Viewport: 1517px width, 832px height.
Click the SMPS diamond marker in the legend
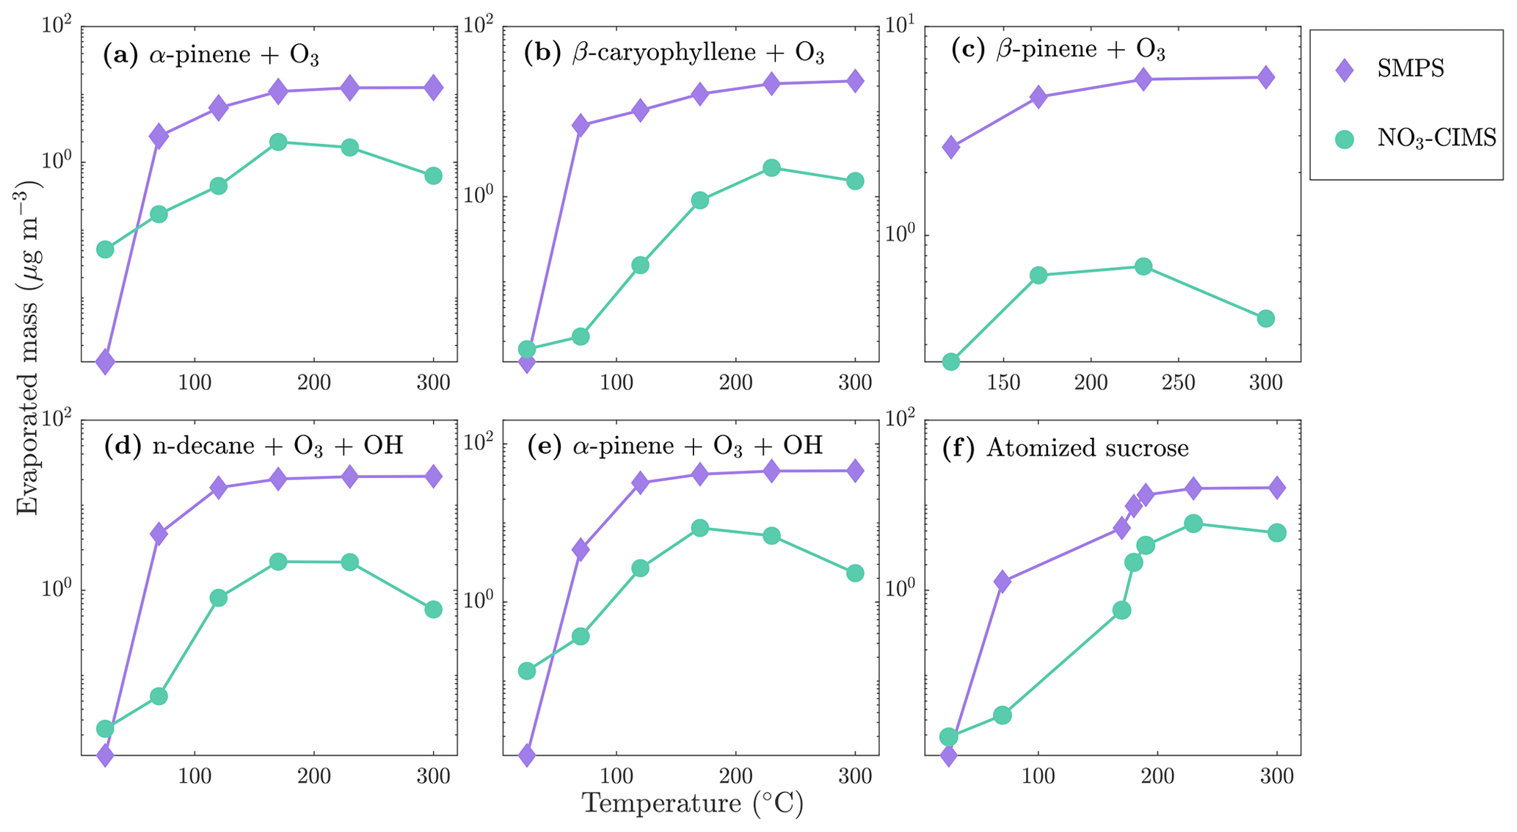pyautogui.click(x=1344, y=70)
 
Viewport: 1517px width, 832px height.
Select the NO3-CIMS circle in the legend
pyautogui.click(x=1344, y=138)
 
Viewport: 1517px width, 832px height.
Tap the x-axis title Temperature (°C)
pyautogui.click(x=692, y=803)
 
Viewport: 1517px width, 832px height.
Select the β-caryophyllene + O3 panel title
pyautogui.click(x=674, y=54)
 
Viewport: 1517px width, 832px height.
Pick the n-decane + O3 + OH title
pyautogui.click(x=253, y=446)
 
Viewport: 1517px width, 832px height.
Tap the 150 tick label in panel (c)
pyautogui.click(x=1003, y=383)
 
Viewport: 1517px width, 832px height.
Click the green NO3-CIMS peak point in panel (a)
pyautogui.click(x=277, y=142)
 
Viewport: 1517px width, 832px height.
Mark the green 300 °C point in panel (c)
pyautogui.click(x=1265, y=319)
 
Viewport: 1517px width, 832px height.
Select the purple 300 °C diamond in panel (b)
pyautogui.click(x=855, y=81)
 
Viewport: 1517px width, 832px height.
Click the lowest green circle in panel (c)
pyautogui.click(x=950, y=361)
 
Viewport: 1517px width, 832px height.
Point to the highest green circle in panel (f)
pyautogui.click(x=1193, y=524)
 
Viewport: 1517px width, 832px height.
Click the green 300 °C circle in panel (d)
pyautogui.click(x=433, y=609)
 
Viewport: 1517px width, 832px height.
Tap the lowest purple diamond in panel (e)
pyautogui.click(x=526, y=755)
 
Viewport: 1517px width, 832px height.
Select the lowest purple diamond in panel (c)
pyautogui.click(x=950, y=148)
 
